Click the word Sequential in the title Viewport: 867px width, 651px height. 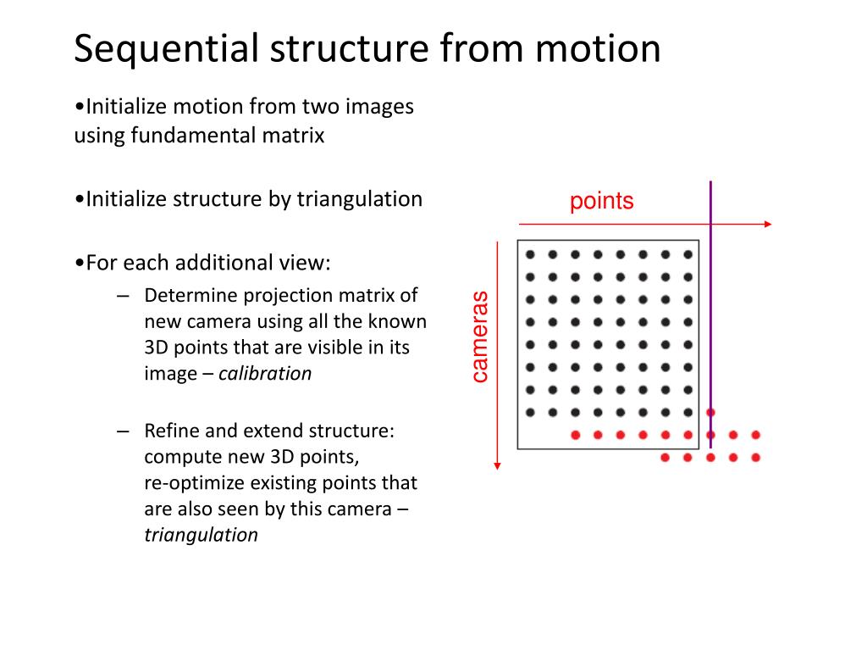coord(165,48)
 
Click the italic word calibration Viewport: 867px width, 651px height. coord(265,374)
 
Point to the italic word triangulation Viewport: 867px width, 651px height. coord(201,535)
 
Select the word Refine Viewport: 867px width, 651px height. coord(169,431)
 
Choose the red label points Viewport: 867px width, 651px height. coord(601,202)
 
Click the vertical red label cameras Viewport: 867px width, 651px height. coord(480,337)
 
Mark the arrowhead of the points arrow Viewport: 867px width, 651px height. coord(768,224)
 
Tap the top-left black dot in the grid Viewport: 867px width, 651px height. coord(530,253)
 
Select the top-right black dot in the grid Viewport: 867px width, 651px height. coord(688,253)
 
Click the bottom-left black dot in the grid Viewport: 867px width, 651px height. coord(530,413)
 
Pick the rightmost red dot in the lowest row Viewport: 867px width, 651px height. coord(755,458)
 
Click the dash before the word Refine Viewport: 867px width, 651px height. coord(124,431)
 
